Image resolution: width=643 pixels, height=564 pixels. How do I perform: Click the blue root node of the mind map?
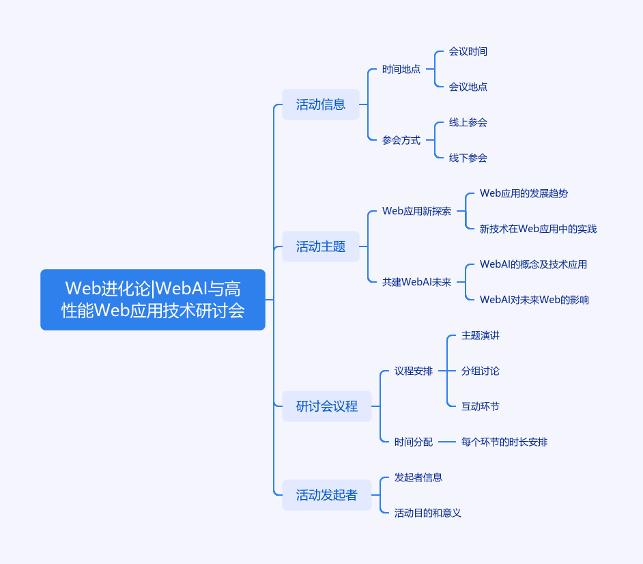pos(152,300)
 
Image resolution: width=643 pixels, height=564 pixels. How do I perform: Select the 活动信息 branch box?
pos(321,104)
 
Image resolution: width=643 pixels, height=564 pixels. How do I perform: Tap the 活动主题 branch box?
pos(321,246)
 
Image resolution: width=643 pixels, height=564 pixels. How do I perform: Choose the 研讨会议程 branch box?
pos(327,406)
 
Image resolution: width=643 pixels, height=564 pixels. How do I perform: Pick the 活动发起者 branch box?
pos(327,495)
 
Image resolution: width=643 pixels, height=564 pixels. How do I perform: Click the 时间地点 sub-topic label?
pos(401,70)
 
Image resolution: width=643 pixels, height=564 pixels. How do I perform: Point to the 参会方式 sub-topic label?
pos(401,140)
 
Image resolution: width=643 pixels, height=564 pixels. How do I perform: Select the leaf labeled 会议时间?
pos(468,52)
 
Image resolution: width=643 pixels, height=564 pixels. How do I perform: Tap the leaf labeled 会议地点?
pos(468,87)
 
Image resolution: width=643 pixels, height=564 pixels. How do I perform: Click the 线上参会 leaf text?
pos(468,122)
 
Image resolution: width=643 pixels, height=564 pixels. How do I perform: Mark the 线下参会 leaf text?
pos(468,158)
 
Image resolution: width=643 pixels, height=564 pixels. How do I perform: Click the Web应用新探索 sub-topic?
pos(416,211)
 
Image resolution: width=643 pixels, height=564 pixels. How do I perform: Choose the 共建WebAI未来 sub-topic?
pos(416,282)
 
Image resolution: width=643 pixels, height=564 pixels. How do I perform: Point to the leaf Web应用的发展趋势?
pos(524,193)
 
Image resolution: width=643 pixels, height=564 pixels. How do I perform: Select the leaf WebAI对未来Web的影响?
pos(534,300)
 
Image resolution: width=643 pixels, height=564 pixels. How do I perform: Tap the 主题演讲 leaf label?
pos(480,335)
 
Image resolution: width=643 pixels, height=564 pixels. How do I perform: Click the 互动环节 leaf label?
pos(480,406)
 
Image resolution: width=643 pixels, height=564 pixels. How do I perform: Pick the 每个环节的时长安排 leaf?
pos(504,442)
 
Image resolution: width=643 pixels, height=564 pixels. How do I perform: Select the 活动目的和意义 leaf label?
pos(428,513)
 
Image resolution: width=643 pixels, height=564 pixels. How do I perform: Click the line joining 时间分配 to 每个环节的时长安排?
pos(447,442)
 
